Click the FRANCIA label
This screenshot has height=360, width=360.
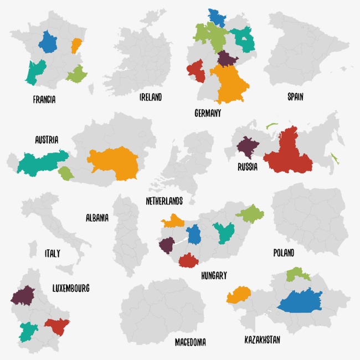(44, 100)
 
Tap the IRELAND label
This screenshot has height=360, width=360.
(150, 97)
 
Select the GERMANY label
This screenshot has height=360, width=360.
(208, 113)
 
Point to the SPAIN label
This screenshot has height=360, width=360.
(295, 97)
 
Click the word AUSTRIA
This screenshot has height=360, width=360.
(46, 140)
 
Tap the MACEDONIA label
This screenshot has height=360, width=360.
(190, 342)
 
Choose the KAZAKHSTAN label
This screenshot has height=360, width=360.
(262, 339)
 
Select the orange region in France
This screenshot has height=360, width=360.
(76, 45)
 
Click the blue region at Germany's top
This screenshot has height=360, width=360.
(217, 18)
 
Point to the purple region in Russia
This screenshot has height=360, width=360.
(248, 148)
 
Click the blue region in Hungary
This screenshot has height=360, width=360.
(193, 234)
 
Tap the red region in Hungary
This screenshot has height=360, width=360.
(189, 260)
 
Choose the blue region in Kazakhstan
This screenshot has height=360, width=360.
(299, 302)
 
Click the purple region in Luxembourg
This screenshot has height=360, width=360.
(23, 296)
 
